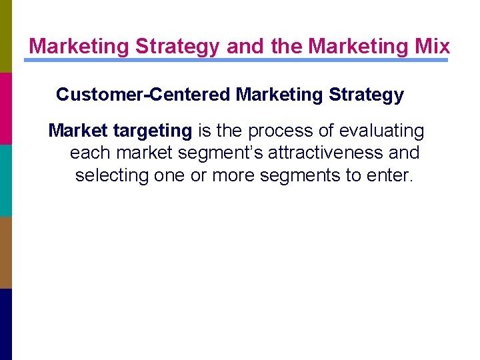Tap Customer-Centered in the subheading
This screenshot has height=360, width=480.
click(143, 95)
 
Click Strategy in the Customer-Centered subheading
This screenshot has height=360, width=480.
click(366, 95)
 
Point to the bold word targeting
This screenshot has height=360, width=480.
click(153, 131)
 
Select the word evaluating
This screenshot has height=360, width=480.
click(383, 131)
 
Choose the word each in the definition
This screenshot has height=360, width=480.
click(91, 153)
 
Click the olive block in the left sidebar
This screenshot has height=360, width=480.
click(6, 36)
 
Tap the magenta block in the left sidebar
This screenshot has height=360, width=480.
click(6, 108)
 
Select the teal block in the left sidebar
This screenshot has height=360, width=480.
click(6, 180)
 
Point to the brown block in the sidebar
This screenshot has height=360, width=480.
click(6, 252)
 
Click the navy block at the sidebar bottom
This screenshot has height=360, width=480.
click(6, 324)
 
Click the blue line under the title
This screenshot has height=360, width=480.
click(236, 60)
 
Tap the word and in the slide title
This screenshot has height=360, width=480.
click(243, 46)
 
